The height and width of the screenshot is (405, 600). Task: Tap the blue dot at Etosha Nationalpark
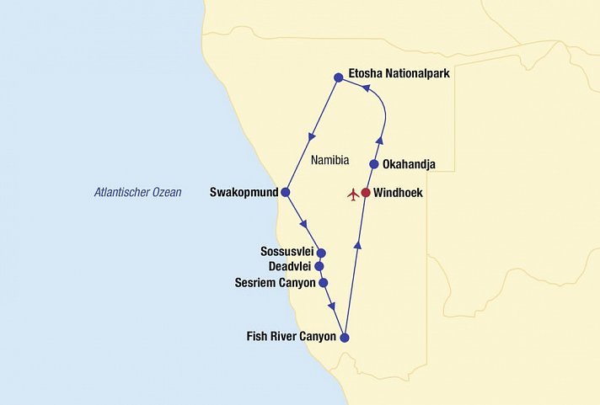coord(338,77)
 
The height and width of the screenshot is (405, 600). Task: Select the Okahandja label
coord(409,164)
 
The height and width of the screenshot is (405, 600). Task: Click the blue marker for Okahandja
coord(374,164)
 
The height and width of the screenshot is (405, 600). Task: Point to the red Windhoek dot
coord(366,193)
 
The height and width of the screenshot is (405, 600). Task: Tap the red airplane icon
coord(352,195)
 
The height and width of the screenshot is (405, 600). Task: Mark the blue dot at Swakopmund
coord(285,193)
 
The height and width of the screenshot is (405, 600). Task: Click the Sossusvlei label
coord(287,252)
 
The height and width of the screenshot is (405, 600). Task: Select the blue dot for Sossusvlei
coord(321,253)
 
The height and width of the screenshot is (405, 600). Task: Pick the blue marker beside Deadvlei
coord(319,267)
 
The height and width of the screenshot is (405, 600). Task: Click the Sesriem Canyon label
coord(274,283)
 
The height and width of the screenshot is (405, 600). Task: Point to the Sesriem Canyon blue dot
coord(323,283)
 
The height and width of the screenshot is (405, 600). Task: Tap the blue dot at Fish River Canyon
coord(344,338)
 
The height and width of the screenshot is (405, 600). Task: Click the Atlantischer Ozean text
coord(137,193)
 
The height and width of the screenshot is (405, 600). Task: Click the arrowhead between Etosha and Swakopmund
coord(313,134)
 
